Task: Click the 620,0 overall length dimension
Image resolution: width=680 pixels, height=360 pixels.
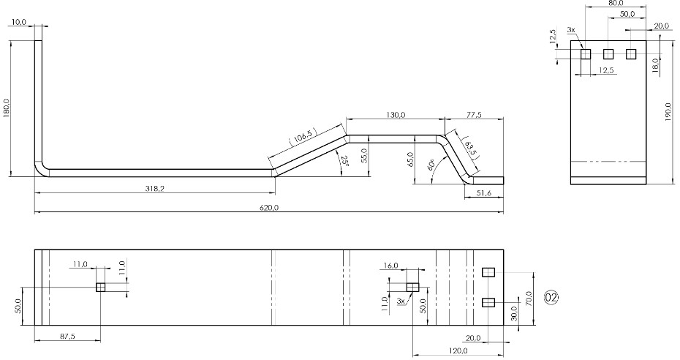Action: tap(269, 208)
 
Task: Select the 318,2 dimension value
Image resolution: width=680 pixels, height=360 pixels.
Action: tap(155, 188)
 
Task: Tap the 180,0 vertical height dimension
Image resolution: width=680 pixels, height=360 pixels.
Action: tap(7, 108)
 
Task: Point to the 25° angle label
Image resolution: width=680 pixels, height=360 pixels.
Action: tap(344, 162)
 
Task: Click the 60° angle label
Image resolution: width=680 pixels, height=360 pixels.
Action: tap(431, 165)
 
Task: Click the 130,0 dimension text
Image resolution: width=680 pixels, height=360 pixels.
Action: tap(396, 115)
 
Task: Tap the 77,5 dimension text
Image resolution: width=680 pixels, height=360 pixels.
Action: tap(474, 115)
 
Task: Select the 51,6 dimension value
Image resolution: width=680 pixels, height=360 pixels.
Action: tap(483, 193)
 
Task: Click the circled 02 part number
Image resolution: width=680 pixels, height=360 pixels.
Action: tap(551, 298)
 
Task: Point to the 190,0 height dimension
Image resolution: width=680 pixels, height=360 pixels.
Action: tap(668, 113)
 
